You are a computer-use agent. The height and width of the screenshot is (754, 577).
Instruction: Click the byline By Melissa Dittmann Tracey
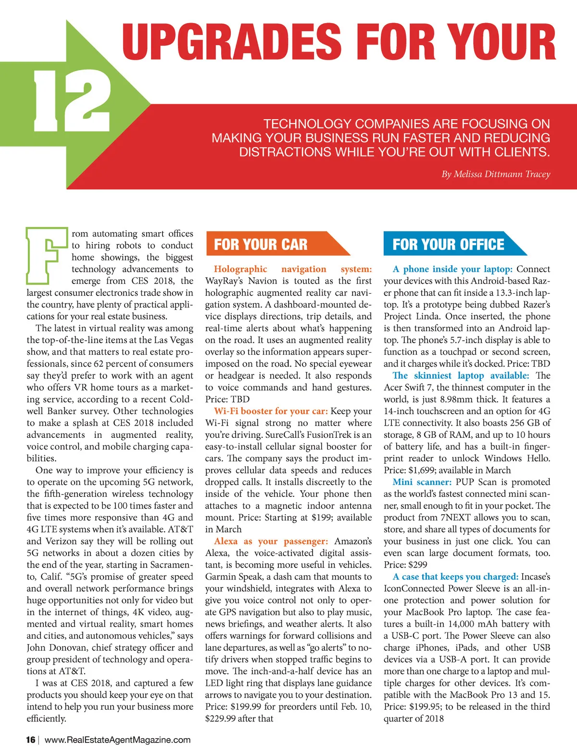(x=496, y=174)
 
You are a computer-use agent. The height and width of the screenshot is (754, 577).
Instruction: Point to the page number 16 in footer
(x=31, y=740)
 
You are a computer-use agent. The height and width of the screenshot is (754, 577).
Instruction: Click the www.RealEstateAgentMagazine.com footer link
(x=117, y=740)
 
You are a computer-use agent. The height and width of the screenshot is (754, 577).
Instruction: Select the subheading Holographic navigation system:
(x=293, y=269)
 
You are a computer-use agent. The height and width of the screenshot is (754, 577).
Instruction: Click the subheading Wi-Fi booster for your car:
(x=271, y=411)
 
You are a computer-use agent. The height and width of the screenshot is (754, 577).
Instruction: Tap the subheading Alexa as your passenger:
(x=271, y=541)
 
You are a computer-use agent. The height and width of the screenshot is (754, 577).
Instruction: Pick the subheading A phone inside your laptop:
(x=452, y=269)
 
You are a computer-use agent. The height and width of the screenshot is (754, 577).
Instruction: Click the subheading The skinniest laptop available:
(x=461, y=375)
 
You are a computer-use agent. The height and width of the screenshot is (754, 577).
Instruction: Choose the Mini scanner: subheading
(x=422, y=482)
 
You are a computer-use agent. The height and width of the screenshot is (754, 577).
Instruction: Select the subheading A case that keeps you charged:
(x=455, y=576)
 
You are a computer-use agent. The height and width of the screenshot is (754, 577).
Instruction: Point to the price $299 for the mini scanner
(x=417, y=565)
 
